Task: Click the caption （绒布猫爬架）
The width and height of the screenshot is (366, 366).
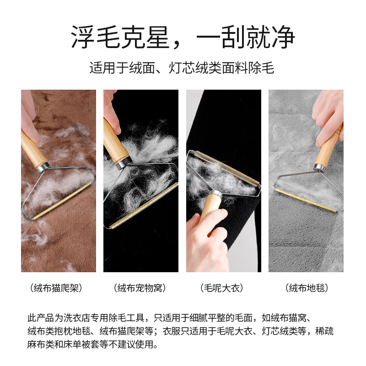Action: point(58,288)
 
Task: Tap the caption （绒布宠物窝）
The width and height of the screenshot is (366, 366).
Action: point(140,288)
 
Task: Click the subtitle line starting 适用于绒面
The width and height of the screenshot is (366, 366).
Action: point(183,69)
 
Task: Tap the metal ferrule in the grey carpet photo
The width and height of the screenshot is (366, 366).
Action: point(320,167)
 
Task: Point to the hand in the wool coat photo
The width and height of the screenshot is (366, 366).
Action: point(206,247)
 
